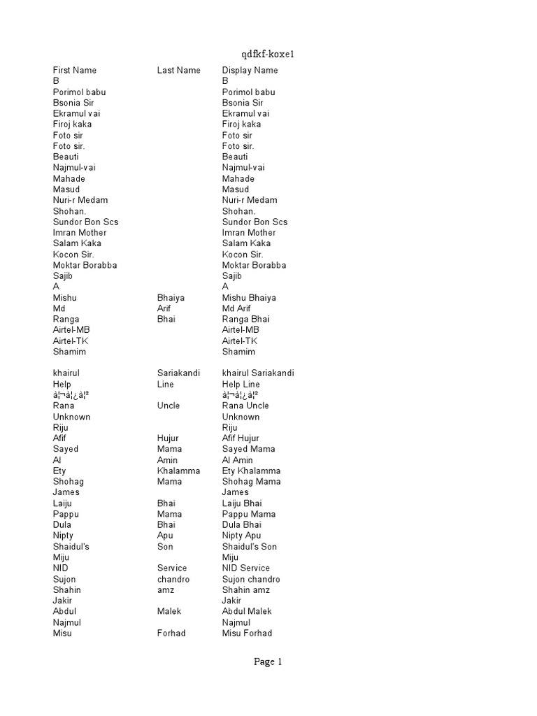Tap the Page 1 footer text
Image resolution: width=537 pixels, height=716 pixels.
pyautogui.click(x=268, y=662)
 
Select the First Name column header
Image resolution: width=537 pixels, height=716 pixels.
pyautogui.click(x=75, y=70)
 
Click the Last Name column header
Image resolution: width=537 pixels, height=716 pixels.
pyautogui.click(x=178, y=70)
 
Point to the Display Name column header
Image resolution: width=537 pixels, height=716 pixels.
pyautogui.click(x=250, y=70)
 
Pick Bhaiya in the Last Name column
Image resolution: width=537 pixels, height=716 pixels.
pyautogui.click(x=171, y=297)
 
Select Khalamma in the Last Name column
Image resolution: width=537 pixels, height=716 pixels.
pyautogui.click(x=179, y=471)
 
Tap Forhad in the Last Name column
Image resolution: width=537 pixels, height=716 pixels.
pyautogui.click(x=171, y=633)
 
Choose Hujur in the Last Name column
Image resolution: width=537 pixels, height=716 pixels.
pyautogui.click(x=169, y=438)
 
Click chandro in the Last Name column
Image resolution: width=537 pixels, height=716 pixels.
pyautogui.click(x=173, y=579)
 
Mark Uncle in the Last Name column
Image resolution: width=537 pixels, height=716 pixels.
pyautogui.click(x=169, y=406)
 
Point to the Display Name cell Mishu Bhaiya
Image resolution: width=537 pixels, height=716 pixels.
pyautogui.click(x=250, y=297)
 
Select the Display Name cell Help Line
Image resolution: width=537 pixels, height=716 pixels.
pyautogui.click(x=241, y=384)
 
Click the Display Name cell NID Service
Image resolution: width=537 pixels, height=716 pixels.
pyautogui.click(x=245, y=568)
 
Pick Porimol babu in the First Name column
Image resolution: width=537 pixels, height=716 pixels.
pyautogui.click(x=80, y=92)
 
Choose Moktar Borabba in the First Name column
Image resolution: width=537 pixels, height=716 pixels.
pyautogui.click(x=85, y=265)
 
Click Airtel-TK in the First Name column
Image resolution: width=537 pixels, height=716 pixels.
pyautogui.click(x=71, y=341)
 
